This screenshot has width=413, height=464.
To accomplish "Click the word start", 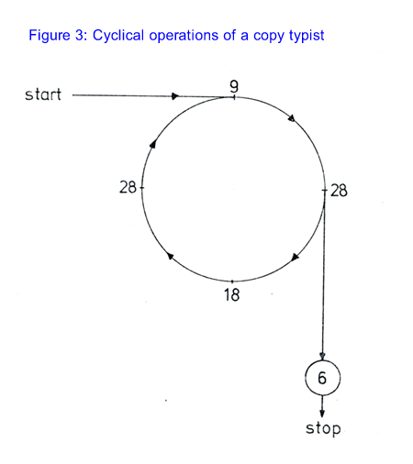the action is [43, 94].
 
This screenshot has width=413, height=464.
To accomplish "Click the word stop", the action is [323, 428].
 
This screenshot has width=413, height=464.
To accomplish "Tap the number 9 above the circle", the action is [234, 86].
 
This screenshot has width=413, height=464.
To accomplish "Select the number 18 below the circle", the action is [231, 295].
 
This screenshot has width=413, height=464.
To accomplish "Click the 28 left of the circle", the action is [128, 187].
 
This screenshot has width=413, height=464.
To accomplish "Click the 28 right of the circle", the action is [339, 191].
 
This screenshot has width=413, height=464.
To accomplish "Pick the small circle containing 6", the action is [322, 378].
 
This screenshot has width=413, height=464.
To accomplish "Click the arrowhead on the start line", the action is [175, 96].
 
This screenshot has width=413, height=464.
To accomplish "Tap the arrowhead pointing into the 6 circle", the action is [322, 356].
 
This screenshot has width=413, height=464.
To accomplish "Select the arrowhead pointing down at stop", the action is [322, 413].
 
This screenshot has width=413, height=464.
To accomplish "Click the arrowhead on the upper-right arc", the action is [292, 118].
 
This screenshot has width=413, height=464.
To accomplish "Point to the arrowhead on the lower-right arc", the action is [295, 257].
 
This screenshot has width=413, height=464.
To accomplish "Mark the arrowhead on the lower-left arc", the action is [170, 256].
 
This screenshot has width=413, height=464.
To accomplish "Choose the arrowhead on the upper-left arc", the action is [153, 144].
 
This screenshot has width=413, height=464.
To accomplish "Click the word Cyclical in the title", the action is [118, 36].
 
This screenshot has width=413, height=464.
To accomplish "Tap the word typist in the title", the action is [307, 36].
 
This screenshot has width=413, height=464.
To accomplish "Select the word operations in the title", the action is [184, 36].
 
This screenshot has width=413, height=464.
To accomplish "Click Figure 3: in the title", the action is [58, 36].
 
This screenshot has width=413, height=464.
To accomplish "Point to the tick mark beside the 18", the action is [232, 282].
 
